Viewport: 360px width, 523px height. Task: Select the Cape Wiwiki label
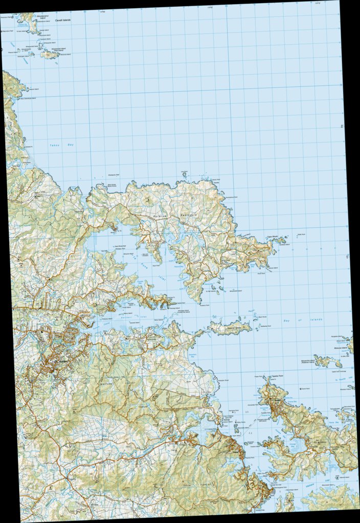click(278, 237)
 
